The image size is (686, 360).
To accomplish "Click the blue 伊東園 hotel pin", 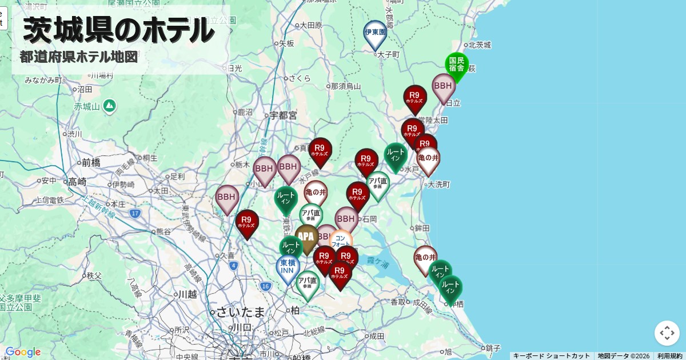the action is click(375, 33).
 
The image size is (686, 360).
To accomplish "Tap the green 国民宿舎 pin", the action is click(456, 64).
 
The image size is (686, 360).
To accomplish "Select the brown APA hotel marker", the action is click(306, 236).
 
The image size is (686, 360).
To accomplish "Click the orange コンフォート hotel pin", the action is click(341, 240).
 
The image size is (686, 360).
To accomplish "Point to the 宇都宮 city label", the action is click(284, 115).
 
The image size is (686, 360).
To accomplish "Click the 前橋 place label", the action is click(91, 162).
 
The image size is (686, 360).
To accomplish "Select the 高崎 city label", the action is click(77, 182).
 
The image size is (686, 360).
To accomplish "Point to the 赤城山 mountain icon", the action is click(110, 106).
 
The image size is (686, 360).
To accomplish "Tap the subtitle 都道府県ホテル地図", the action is click(79, 57).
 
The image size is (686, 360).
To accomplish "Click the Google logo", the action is click(23, 352).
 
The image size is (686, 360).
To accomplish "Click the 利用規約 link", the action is click(669, 356).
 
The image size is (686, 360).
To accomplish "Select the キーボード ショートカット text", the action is click(551, 356).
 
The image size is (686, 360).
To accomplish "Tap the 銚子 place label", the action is click(492, 348).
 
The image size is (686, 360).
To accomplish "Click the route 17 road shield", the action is click(135, 214).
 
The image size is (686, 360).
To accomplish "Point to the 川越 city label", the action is click(187, 294).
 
